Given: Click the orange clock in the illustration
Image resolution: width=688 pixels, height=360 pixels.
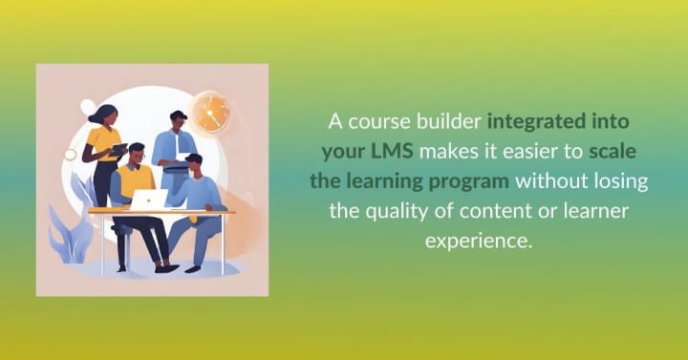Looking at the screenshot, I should [x=209, y=113].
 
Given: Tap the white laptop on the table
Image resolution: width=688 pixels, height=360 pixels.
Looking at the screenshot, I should [x=149, y=200].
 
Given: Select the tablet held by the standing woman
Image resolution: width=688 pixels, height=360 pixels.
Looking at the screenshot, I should [x=118, y=149].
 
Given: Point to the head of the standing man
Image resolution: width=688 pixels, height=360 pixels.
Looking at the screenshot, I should [x=178, y=119].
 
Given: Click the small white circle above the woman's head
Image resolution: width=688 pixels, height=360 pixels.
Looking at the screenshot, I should [x=88, y=105].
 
